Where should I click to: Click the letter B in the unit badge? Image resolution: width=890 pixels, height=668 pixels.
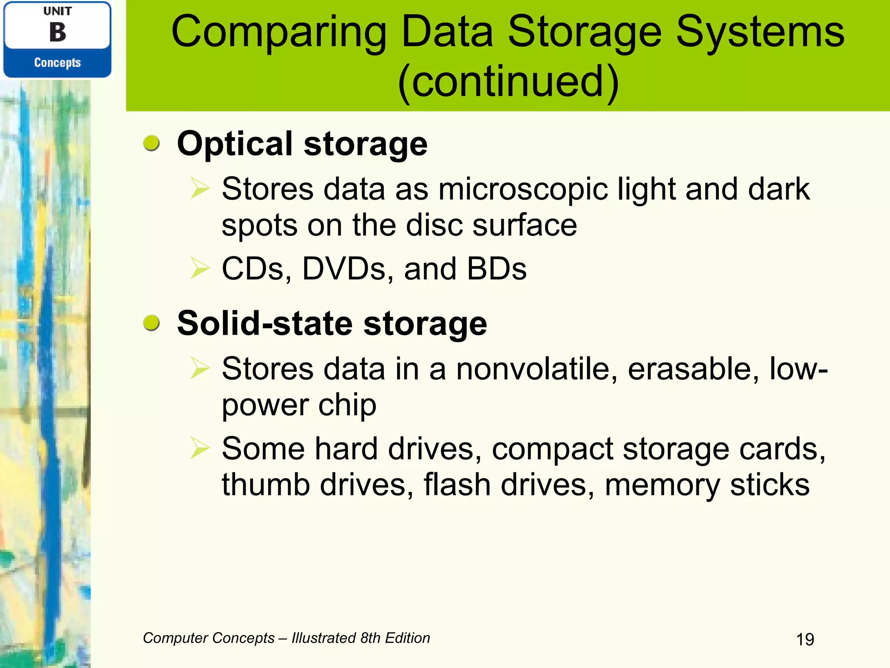[57, 32]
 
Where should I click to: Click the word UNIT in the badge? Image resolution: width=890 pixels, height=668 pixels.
[57, 11]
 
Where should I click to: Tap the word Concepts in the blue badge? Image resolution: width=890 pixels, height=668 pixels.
[57, 63]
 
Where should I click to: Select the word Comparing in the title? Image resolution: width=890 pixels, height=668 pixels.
[279, 33]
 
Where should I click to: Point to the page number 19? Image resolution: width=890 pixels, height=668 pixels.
[805, 639]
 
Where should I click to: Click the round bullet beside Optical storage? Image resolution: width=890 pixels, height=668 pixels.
[151, 143]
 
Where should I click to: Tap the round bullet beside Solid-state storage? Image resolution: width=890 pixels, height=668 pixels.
[151, 323]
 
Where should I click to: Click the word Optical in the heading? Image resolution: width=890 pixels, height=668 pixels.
[235, 144]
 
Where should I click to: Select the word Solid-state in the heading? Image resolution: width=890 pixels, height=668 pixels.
[265, 324]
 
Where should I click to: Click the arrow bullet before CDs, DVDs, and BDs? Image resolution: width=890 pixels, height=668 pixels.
[200, 268]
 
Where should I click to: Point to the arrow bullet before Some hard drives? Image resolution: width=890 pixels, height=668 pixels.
[200, 448]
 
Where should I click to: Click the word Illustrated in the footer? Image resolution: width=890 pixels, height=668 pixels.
[323, 638]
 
